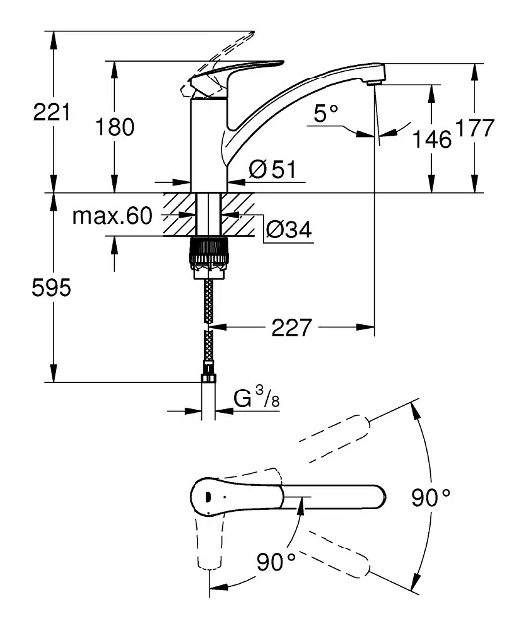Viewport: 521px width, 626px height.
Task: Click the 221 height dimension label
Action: [x=52, y=112]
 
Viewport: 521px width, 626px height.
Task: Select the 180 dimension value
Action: [x=115, y=127]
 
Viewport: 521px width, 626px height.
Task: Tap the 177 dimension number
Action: [x=474, y=128]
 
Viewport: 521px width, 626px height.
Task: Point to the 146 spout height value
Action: [x=432, y=139]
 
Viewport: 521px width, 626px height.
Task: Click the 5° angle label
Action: [x=326, y=113]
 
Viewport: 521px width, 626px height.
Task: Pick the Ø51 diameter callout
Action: [x=272, y=169]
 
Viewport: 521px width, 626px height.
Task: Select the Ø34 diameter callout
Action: [x=289, y=230]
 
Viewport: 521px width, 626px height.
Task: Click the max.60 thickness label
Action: [x=112, y=216]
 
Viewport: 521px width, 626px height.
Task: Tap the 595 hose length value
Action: [x=52, y=287]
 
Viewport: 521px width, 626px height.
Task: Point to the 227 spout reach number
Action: [x=291, y=327]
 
